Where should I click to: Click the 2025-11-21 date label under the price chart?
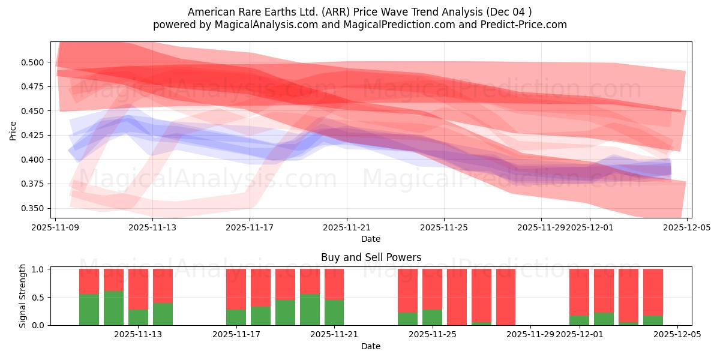347,227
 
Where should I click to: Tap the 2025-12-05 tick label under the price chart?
687,227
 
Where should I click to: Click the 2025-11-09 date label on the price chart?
55,227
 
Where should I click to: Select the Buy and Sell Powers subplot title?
371,257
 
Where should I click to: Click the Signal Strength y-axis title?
23,296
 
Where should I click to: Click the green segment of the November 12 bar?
113,308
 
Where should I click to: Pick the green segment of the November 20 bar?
310,310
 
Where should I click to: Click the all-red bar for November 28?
506,297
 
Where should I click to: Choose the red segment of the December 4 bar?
653,292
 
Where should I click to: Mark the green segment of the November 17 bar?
236,317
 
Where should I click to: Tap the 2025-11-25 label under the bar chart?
433,335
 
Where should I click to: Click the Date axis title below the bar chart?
371,346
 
